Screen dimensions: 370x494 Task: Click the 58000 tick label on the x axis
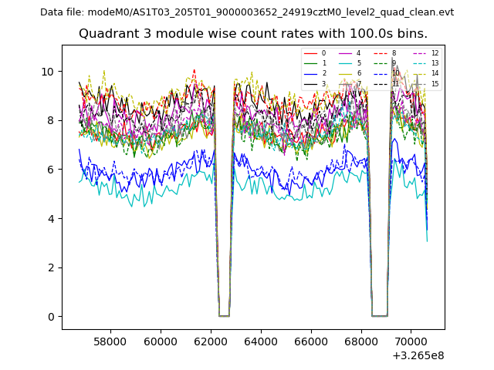(x=110, y=340)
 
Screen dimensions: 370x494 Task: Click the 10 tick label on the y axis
(x=48, y=72)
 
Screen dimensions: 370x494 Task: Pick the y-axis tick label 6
(x=51, y=170)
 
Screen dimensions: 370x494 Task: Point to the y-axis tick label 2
(x=51, y=267)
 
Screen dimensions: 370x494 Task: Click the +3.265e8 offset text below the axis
(x=418, y=355)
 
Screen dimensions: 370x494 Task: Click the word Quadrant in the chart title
(x=107, y=34)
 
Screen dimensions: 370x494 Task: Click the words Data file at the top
(x=61, y=12)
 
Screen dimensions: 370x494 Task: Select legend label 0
(x=323, y=53)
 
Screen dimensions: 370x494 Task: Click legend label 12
(x=435, y=53)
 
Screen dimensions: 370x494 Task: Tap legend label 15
(x=435, y=83)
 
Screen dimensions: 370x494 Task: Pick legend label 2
(x=323, y=73)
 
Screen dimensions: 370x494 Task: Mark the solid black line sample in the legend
(x=309, y=83)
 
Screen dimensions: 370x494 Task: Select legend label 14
(x=435, y=73)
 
